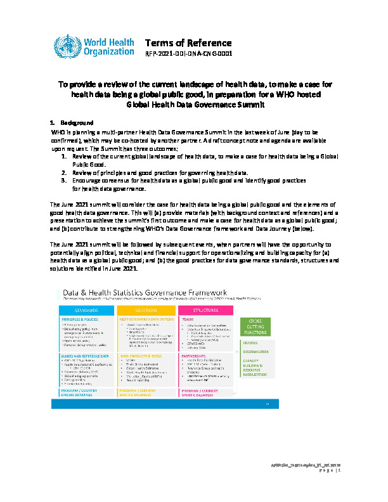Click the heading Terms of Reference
[188, 43]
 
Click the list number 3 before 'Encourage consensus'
[64, 180]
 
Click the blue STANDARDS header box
[86, 311]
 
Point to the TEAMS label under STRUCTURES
[188, 319]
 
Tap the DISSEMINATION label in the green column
[255, 353]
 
